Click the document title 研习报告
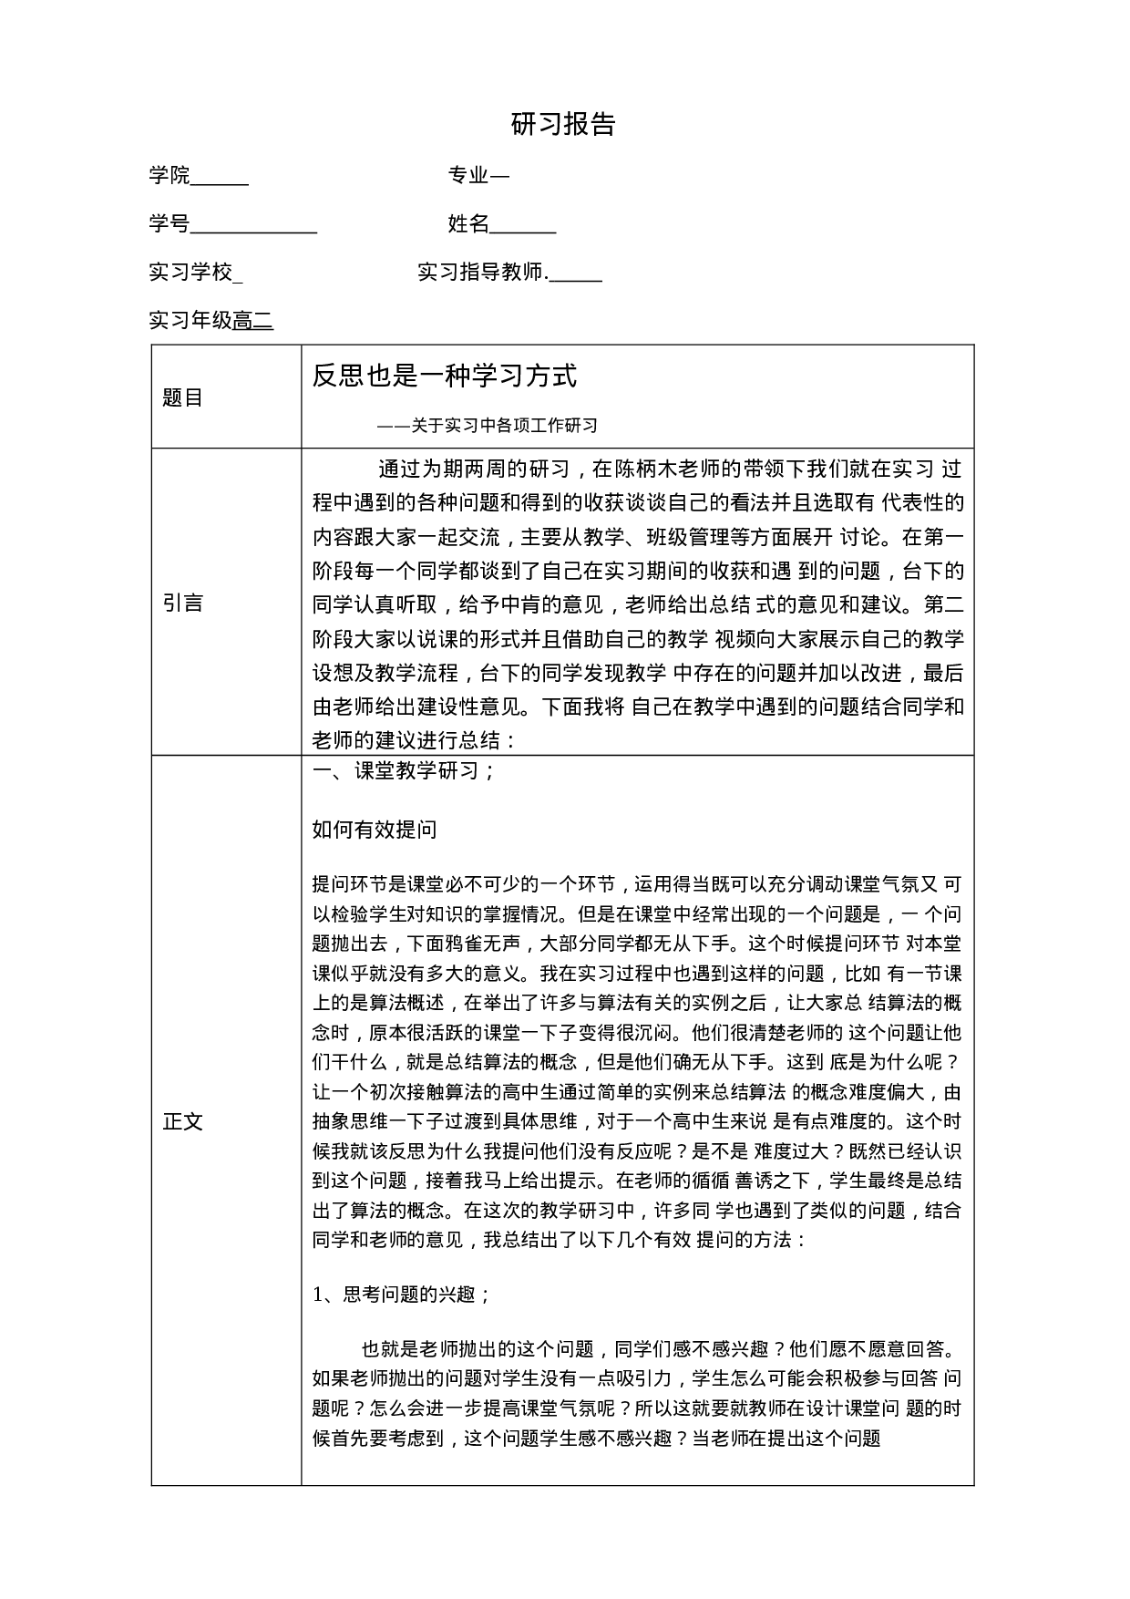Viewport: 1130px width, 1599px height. tap(563, 125)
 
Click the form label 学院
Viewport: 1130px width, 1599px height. tap(169, 175)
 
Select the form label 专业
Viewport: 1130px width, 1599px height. tap(468, 175)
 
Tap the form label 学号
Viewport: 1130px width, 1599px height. tap(169, 223)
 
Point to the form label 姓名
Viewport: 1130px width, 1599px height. tap(468, 223)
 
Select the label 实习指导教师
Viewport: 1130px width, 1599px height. tap(480, 272)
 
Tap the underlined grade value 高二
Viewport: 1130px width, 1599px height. tap(253, 320)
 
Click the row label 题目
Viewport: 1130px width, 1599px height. tap(182, 397)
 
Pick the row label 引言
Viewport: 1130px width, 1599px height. tap(182, 603)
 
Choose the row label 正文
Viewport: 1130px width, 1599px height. tap(182, 1121)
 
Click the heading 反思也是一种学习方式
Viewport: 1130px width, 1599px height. tap(445, 376)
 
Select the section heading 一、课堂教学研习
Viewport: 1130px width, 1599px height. tap(404, 770)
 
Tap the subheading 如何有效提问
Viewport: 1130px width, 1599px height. tap(375, 829)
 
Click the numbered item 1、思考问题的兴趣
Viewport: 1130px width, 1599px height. tap(402, 1295)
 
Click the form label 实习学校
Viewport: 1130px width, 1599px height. tap(190, 272)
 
